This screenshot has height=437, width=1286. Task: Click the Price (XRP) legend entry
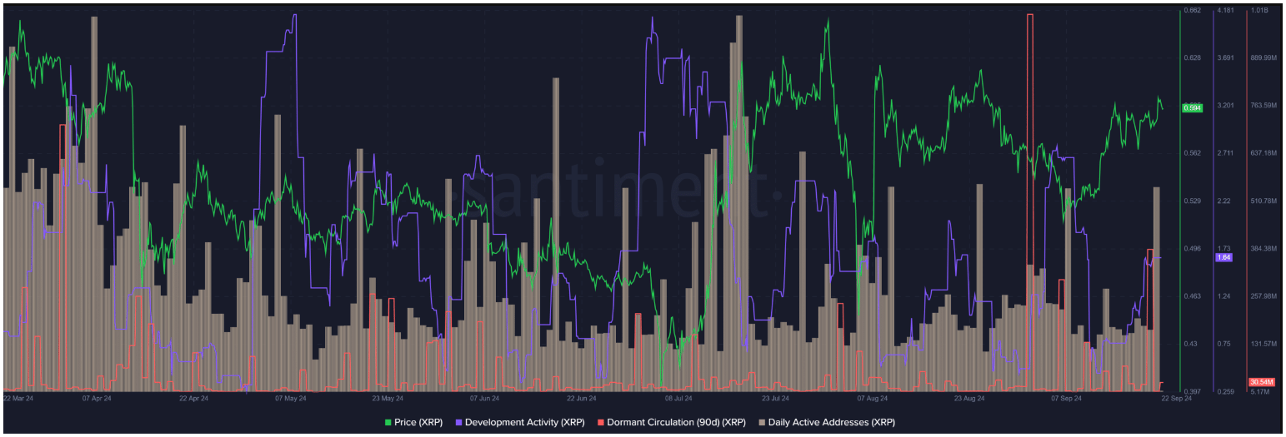[418, 422]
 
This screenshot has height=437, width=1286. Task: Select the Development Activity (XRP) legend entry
[524, 422]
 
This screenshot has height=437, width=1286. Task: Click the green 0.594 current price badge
[1192, 108]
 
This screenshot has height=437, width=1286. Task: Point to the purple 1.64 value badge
[1224, 257]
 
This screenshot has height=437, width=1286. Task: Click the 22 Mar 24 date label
[18, 399]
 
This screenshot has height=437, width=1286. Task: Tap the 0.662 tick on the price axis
[1192, 10]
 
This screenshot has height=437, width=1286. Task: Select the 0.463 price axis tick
[1192, 296]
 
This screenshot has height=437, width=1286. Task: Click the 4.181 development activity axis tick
[1225, 10]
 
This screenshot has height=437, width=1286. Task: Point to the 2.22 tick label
[1223, 201]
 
